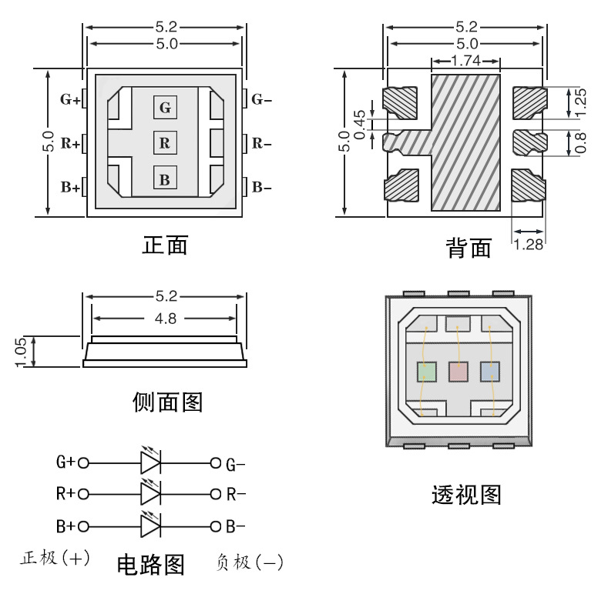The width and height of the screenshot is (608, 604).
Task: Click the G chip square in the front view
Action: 165,107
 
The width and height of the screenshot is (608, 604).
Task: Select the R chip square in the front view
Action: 165,143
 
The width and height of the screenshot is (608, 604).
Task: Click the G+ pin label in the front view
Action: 70,99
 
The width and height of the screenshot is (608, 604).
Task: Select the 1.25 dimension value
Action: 582,102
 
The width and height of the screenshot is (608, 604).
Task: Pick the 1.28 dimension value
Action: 529,245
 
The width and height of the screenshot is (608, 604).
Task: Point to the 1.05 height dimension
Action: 22,352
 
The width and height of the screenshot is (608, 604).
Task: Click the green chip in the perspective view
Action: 426,372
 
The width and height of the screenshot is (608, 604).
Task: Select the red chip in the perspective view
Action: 458,372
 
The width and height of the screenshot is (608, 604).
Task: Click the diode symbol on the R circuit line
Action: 149,493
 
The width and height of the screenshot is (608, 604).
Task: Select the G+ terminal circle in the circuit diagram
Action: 82,463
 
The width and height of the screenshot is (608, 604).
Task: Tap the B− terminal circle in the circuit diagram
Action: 216,527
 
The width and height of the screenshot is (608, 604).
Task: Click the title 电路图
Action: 150,565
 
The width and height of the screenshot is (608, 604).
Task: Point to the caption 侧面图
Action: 167,402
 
